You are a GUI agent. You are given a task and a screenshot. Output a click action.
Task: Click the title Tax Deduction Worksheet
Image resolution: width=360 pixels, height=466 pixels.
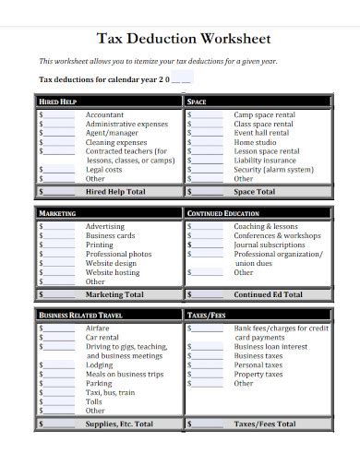(x=184, y=40)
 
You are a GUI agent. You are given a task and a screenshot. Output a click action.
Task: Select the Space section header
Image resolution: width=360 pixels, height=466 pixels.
(x=197, y=102)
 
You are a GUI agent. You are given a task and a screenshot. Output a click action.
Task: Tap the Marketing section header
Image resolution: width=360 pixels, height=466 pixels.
(x=58, y=213)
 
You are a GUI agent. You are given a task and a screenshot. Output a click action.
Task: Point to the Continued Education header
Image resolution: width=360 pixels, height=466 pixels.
(x=223, y=213)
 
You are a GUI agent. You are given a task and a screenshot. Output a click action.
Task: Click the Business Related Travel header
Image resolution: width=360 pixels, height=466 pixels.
(x=80, y=316)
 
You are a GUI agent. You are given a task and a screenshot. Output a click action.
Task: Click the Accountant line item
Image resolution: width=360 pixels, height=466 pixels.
(x=104, y=115)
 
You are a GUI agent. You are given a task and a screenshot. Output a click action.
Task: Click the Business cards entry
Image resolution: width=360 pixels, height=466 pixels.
(x=112, y=236)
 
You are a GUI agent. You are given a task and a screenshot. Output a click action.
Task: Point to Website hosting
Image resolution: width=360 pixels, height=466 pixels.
(x=113, y=273)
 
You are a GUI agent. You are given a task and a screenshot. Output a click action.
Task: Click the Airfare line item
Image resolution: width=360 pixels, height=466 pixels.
(x=98, y=329)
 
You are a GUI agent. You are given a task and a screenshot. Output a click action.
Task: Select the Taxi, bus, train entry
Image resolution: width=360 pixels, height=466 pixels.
(x=110, y=392)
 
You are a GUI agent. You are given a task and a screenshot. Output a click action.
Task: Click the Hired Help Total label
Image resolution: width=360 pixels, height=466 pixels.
(x=115, y=192)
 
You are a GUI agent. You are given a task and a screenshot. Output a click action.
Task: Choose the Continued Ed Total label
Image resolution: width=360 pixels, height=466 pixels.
(x=268, y=294)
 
